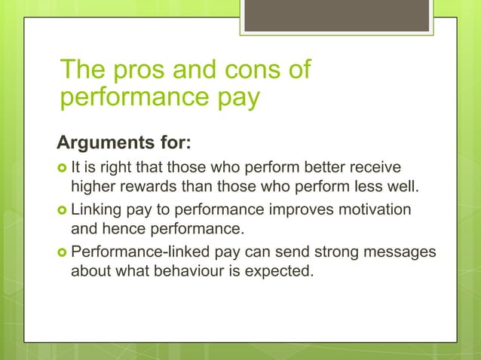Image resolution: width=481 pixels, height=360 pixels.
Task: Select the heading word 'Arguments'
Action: click(105, 142)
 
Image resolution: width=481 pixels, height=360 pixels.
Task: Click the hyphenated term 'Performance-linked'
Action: click(132, 251)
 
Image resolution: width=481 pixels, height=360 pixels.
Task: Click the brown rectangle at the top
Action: click(336, 15)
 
